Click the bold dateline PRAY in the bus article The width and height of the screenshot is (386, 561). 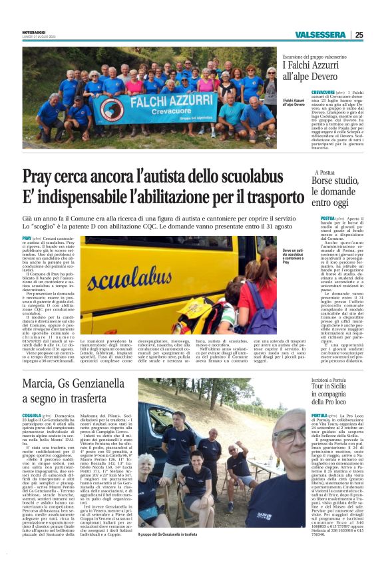[27, 238]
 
